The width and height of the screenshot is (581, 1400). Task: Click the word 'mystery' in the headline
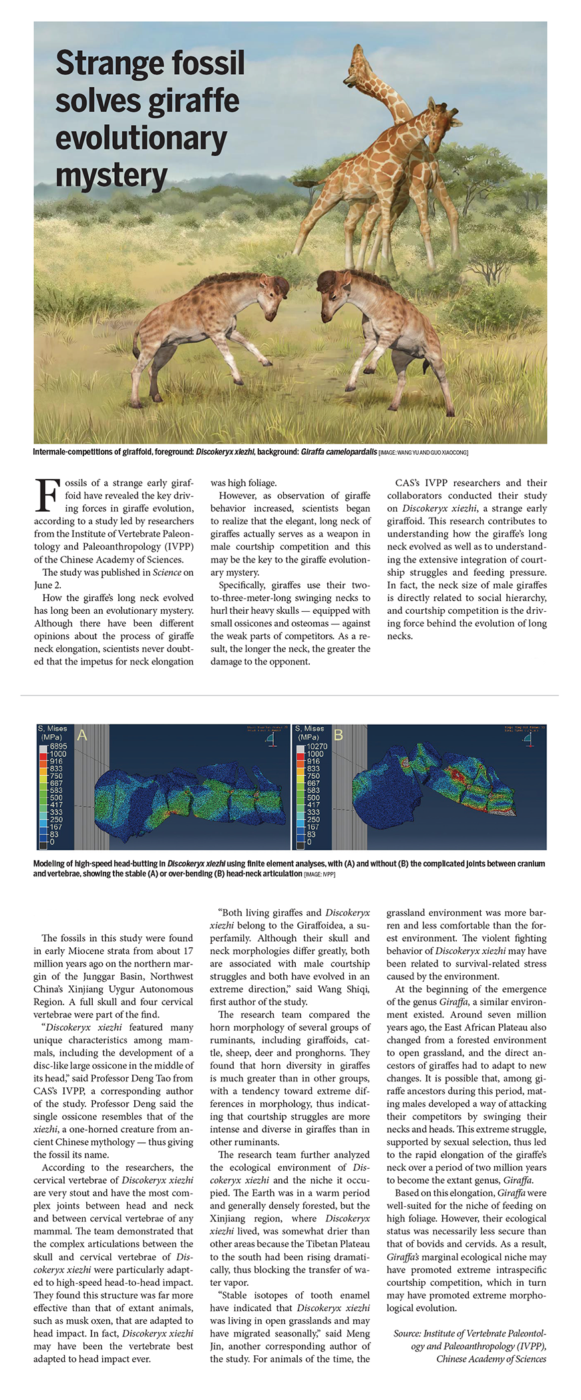(111, 176)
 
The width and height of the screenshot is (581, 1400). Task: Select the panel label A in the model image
(82, 735)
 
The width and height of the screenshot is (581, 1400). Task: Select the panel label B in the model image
(339, 735)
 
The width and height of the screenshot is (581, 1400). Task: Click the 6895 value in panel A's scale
(58, 746)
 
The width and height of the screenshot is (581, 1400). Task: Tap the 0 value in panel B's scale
(309, 842)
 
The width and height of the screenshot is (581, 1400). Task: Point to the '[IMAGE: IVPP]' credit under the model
(319, 874)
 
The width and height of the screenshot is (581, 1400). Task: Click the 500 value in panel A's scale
(56, 798)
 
